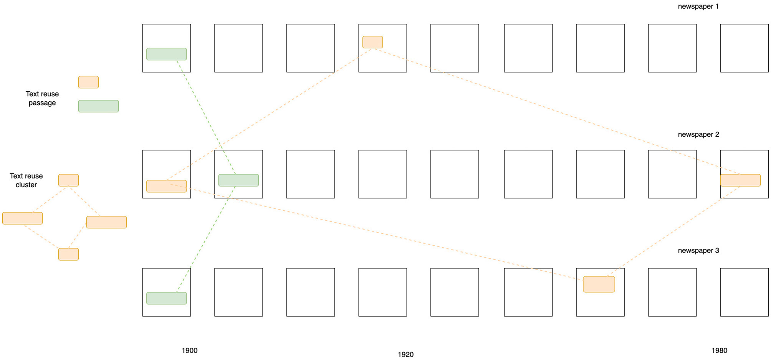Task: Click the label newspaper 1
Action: (x=698, y=7)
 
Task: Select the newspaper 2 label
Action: (x=698, y=134)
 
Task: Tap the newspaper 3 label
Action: (x=698, y=251)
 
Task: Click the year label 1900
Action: (x=189, y=350)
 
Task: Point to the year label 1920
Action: (x=405, y=355)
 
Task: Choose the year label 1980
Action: (x=719, y=350)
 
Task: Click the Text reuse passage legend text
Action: (x=42, y=98)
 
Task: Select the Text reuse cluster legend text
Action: (x=26, y=180)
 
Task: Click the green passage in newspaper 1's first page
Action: (x=166, y=54)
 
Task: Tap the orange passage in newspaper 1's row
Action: (x=372, y=42)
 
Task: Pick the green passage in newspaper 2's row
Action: (x=238, y=180)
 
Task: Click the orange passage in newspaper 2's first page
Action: (x=166, y=186)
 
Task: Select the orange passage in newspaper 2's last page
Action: (x=740, y=180)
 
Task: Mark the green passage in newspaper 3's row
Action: (x=166, y=298)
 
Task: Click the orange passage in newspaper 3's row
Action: (x=599, y=284)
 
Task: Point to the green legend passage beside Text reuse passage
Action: (x=98, y=106)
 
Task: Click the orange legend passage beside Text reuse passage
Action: (x=88, y=82)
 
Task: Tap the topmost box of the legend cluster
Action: (x=68, y=180)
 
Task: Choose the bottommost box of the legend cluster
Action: (x=68, y=254)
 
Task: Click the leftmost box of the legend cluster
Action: (x=22, y=218)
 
